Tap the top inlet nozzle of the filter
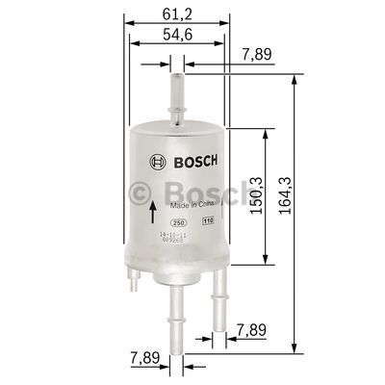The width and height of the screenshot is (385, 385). tap(177, 91)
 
